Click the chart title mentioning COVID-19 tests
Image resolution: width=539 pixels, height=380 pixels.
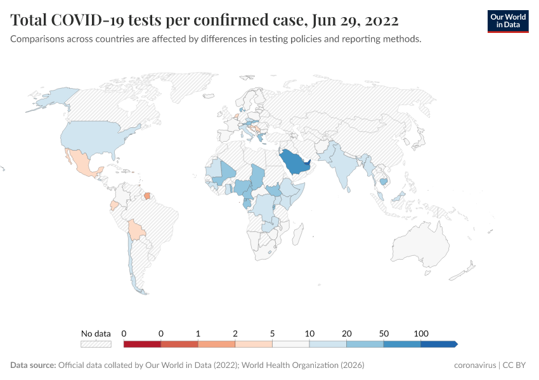pos(204,20)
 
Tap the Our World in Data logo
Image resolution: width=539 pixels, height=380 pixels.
pos(507,21)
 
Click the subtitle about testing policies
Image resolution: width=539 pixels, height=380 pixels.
pos(216,39)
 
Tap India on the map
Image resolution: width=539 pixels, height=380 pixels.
pos(342,166)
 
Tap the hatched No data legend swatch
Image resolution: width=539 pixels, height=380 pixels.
pos(96,344)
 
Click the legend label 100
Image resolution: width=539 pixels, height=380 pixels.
pos(421,333)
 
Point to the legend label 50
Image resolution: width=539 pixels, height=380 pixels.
pos(384,333)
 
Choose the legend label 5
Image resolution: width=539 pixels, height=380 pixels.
pos(273,333)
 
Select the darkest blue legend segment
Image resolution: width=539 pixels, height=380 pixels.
pos(438,344)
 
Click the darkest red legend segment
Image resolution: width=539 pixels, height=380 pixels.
pos(142,344)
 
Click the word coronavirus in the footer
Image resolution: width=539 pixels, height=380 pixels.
pos(475,365)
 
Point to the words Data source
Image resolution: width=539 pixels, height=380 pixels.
pos(33,365)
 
